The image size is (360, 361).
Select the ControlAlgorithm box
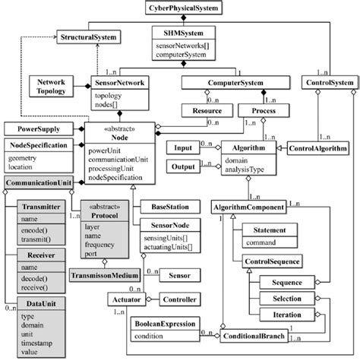point(312,149)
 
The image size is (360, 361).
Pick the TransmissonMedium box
point(105,275)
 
